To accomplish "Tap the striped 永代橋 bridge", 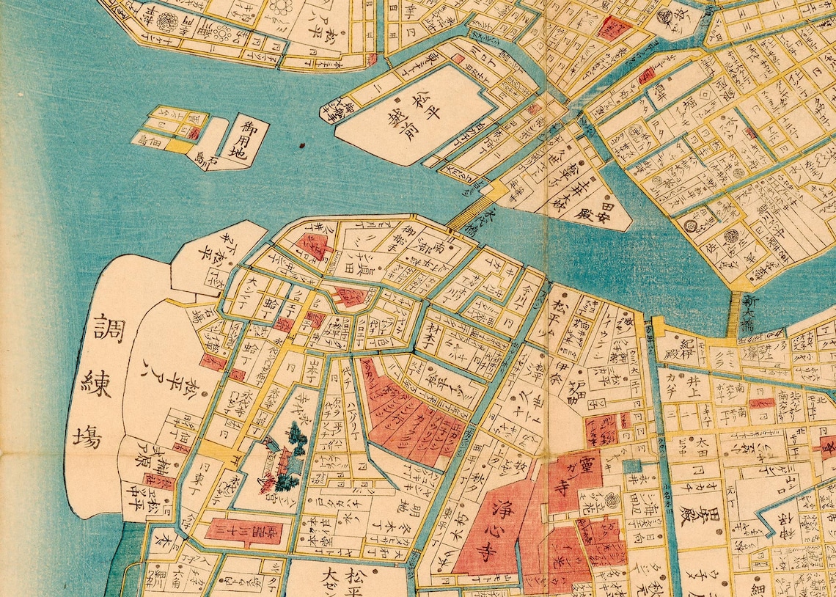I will pos(469,213).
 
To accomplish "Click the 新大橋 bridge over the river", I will pos(736,313).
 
